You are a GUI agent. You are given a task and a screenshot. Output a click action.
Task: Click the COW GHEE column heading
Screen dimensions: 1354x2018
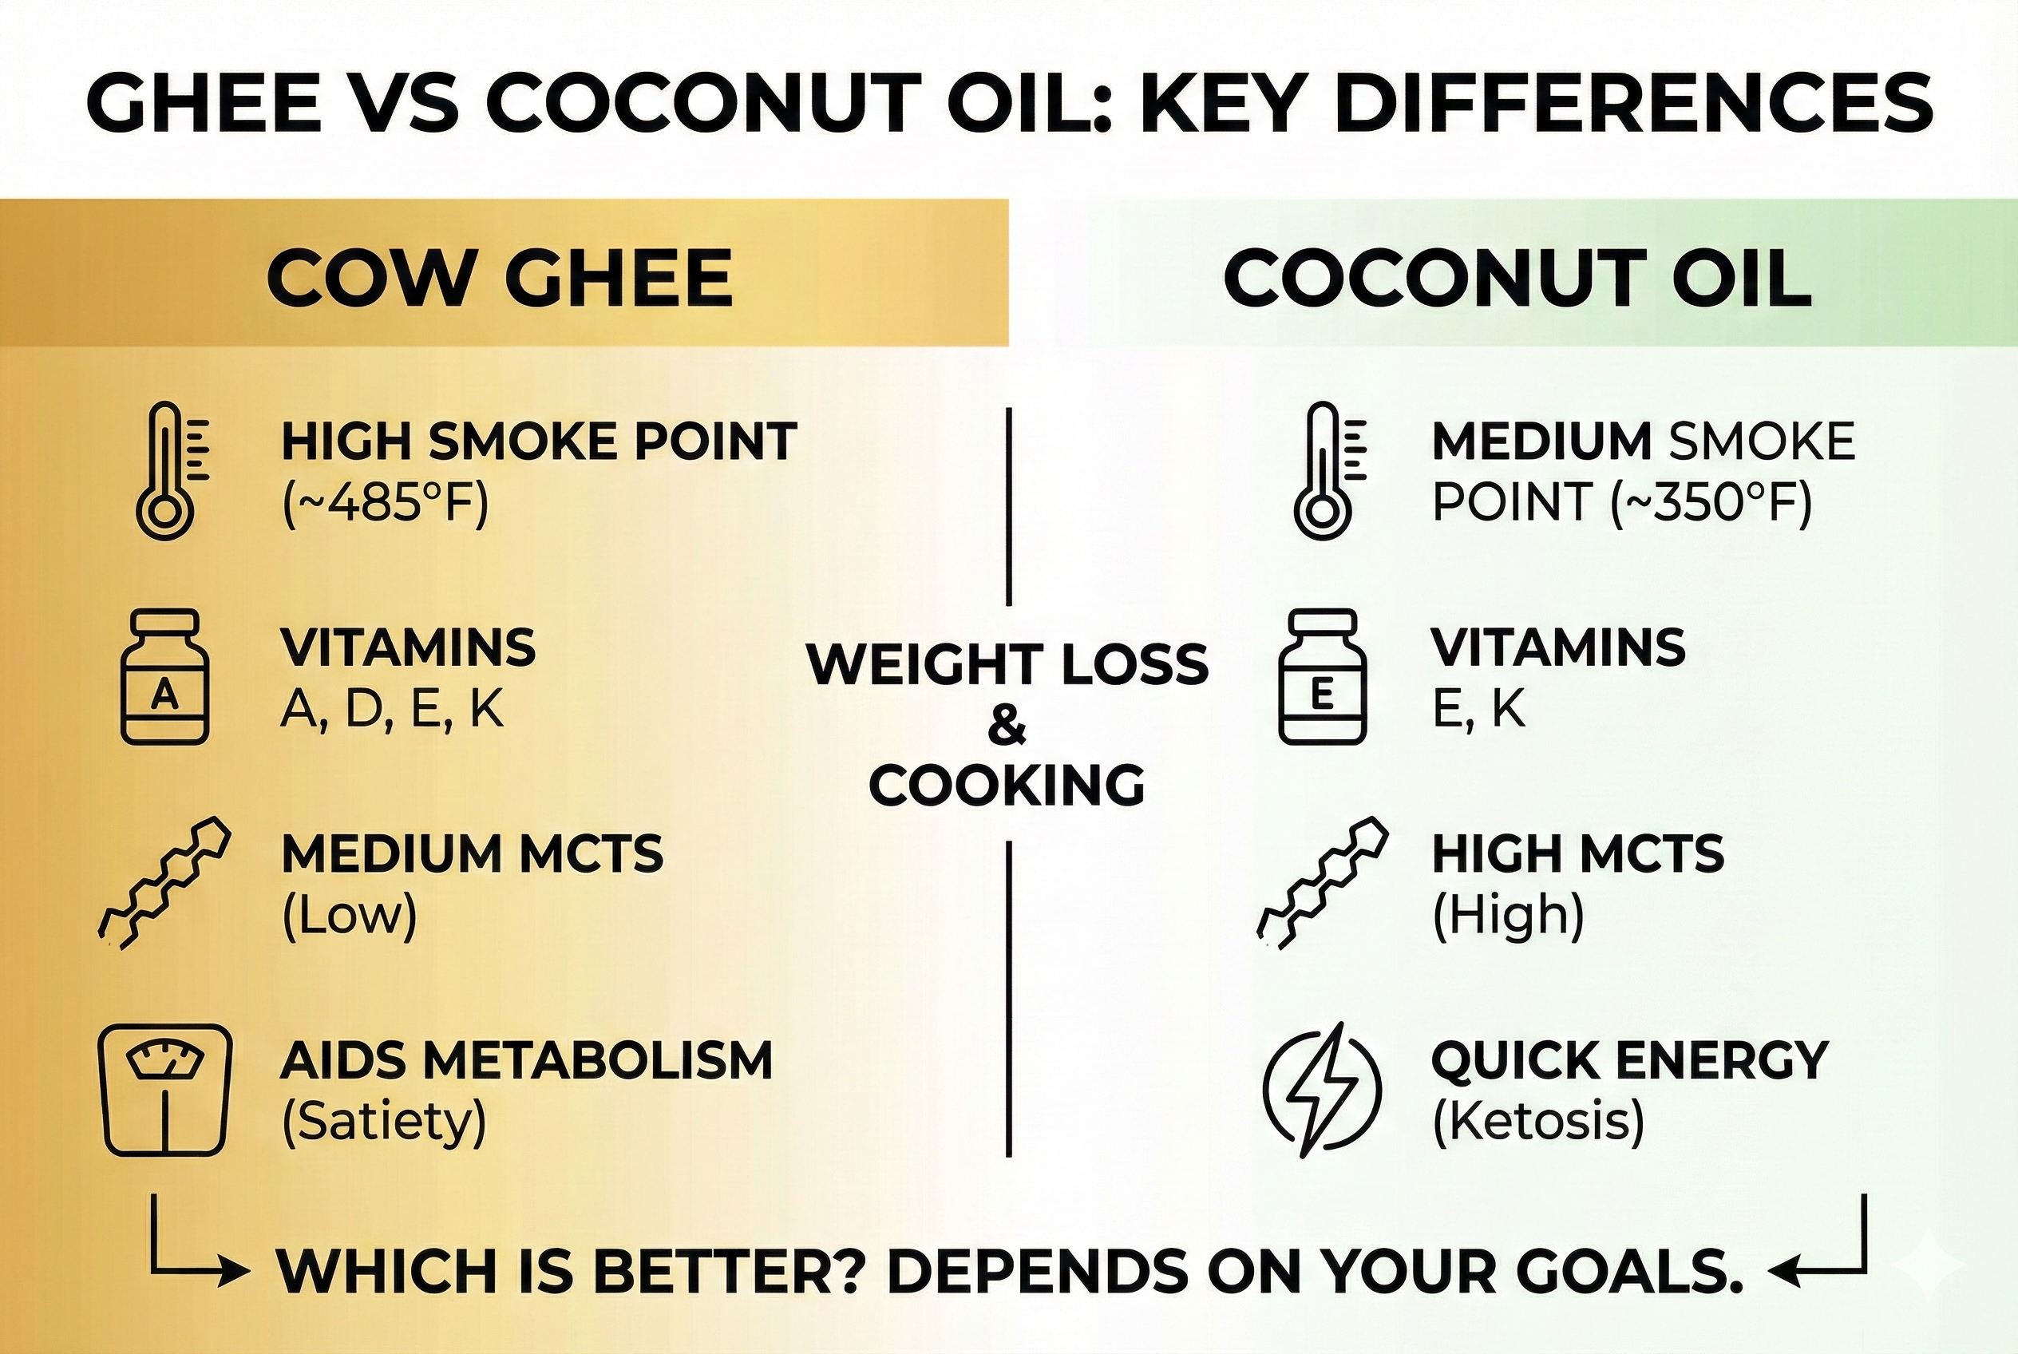pos(499,278)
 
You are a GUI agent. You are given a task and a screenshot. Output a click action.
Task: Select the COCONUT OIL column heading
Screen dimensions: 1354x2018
pos(1517,278)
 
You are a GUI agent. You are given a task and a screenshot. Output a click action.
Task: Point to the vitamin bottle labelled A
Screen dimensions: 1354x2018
pos(164,676)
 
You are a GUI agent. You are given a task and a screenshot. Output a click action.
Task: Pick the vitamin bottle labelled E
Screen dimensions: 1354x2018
pos(1321,676)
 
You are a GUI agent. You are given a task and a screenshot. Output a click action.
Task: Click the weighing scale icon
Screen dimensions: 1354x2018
pos(165,1090)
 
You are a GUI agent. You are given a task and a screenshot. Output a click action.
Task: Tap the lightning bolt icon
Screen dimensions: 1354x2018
pos(1321,1090)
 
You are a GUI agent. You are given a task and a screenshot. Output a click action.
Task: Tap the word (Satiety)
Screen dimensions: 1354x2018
pos(384,1121)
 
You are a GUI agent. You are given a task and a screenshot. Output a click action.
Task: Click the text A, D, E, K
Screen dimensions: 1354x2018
pos(391,710)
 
